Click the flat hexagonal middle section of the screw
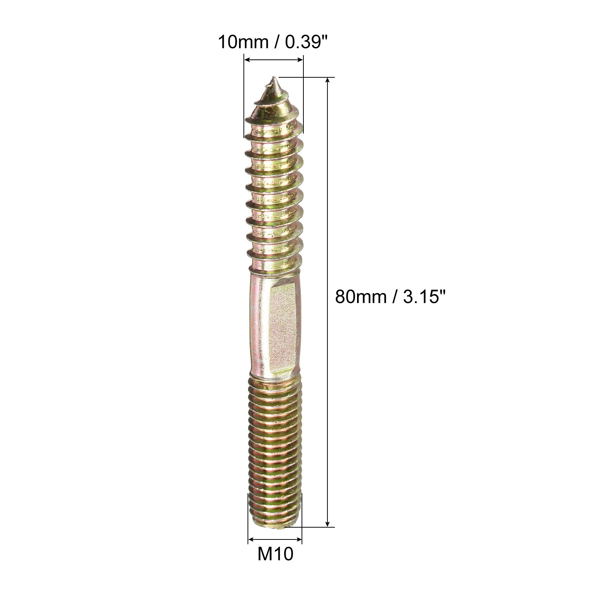[283, 326]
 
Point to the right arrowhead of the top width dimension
[300, 59]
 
